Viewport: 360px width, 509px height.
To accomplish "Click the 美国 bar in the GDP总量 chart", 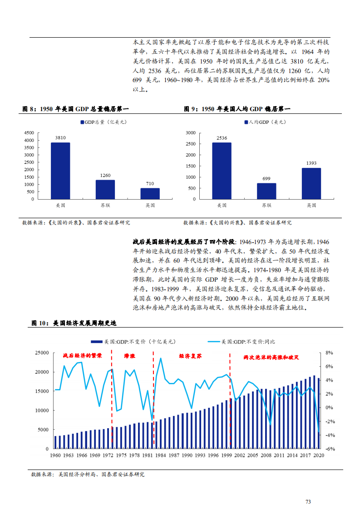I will [x=60, y=171].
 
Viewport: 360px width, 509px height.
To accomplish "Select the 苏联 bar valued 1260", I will [x=105, y=189].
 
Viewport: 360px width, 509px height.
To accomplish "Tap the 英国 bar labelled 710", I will [x=150, y=193].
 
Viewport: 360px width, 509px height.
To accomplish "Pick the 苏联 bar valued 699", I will [x=266, y=191].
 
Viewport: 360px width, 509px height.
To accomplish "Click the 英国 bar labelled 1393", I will [x=311, y=183].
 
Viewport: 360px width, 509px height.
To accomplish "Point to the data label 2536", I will [x=222, y=137].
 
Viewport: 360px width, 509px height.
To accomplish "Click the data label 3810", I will [x=60, y=137].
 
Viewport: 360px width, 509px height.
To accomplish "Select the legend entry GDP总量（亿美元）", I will [x=103, y=122].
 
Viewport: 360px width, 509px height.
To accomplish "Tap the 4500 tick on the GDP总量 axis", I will [x=29, y=132].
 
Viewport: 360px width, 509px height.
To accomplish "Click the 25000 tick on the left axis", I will [x=42, y=352].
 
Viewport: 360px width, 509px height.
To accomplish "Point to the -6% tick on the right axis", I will [x=330, y=449].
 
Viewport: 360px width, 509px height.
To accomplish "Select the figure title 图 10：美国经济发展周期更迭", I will [x=74, y=323].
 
